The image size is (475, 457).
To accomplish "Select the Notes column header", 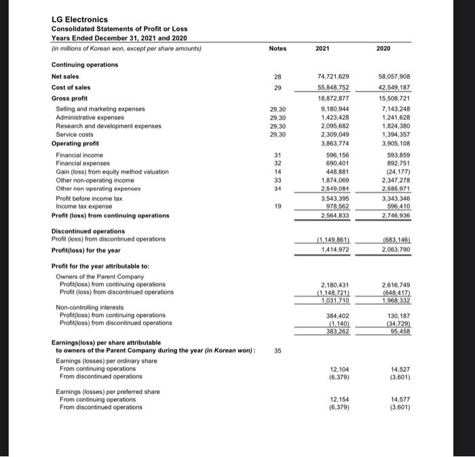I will coord(278,48).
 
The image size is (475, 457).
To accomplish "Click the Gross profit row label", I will coord(70,98).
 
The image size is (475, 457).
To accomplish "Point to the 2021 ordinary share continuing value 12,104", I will coord(338,368).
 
